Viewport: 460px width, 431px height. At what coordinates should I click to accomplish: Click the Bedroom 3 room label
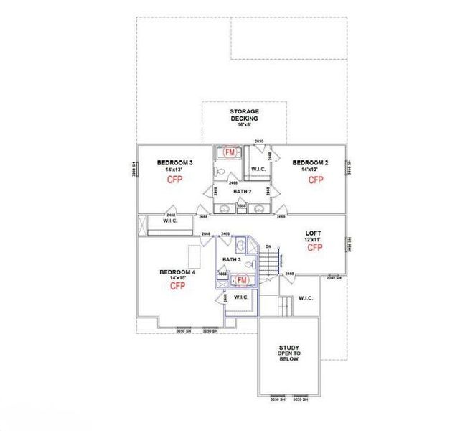174,163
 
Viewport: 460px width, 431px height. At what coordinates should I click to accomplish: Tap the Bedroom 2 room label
310,163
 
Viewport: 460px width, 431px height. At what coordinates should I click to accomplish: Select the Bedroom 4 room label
177,272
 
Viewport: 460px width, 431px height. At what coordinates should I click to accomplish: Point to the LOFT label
314,233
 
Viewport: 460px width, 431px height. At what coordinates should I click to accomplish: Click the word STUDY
289,348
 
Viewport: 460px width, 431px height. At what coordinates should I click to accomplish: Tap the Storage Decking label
244,115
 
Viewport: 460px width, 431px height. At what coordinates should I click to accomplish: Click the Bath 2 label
242,192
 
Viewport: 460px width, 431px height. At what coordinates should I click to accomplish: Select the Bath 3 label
230,259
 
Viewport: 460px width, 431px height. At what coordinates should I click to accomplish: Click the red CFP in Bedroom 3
175,180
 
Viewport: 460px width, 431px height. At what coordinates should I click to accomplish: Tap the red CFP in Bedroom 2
316,180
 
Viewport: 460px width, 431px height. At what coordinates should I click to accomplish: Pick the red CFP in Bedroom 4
177,286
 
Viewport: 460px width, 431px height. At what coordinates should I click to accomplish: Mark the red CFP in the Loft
315,247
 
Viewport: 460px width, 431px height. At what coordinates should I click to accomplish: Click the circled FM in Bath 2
230,152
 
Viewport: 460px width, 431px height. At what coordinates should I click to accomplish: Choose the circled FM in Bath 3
243,279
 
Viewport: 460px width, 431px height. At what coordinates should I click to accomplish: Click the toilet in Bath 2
222,172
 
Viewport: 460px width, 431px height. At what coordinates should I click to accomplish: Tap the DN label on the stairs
268,246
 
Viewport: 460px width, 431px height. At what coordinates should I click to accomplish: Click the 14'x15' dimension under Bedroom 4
177,278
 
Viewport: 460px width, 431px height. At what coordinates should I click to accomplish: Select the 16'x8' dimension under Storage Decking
244,124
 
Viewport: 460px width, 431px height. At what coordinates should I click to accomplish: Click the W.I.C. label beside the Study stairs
306,298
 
